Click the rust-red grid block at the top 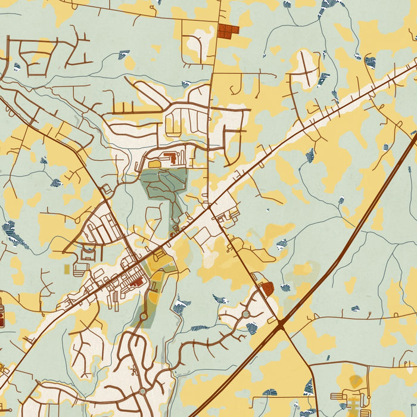point(228,30)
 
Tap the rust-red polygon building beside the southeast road point(267,289)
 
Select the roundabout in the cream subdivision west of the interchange point(245,313)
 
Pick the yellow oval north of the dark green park point(154,164)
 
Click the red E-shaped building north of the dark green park point(169,157)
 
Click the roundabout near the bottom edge point(142,391)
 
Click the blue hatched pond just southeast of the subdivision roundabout point(253,327)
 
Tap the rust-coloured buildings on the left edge point(2,315)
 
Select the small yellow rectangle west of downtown point(66,269)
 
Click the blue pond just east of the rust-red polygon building point(285,288)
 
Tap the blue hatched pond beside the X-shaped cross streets point(323,78)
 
